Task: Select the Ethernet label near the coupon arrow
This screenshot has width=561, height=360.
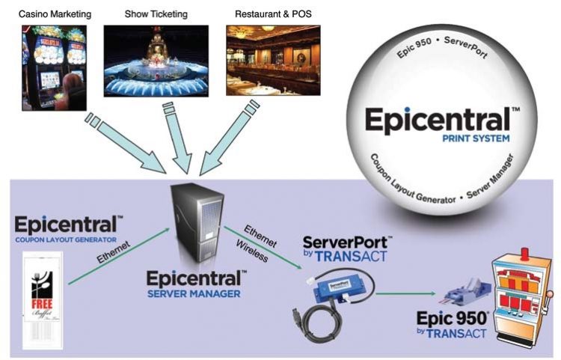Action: point(115,253)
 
